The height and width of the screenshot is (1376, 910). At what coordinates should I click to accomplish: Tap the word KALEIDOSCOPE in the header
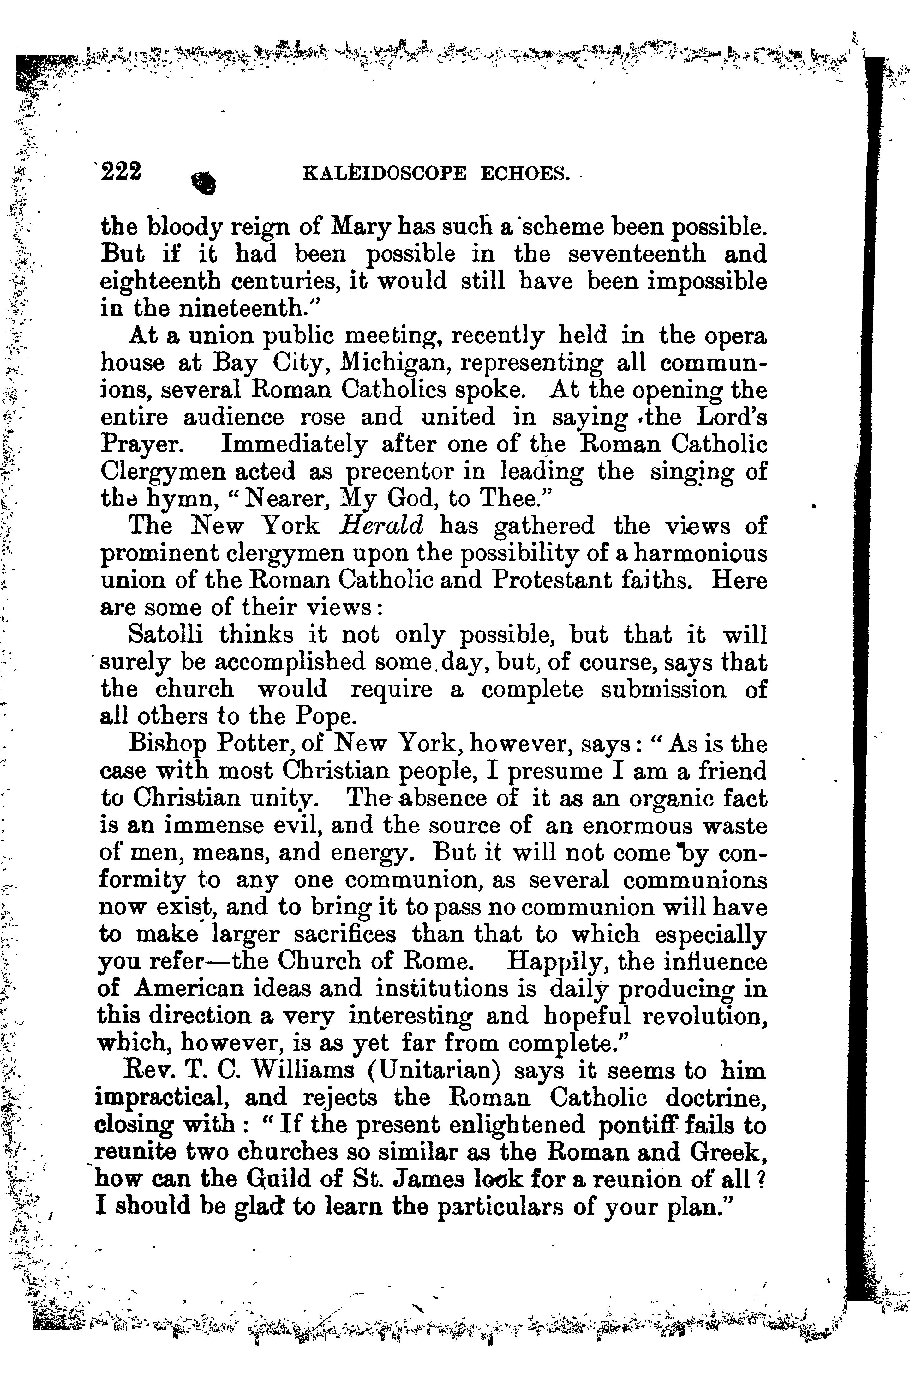pos(385,174)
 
